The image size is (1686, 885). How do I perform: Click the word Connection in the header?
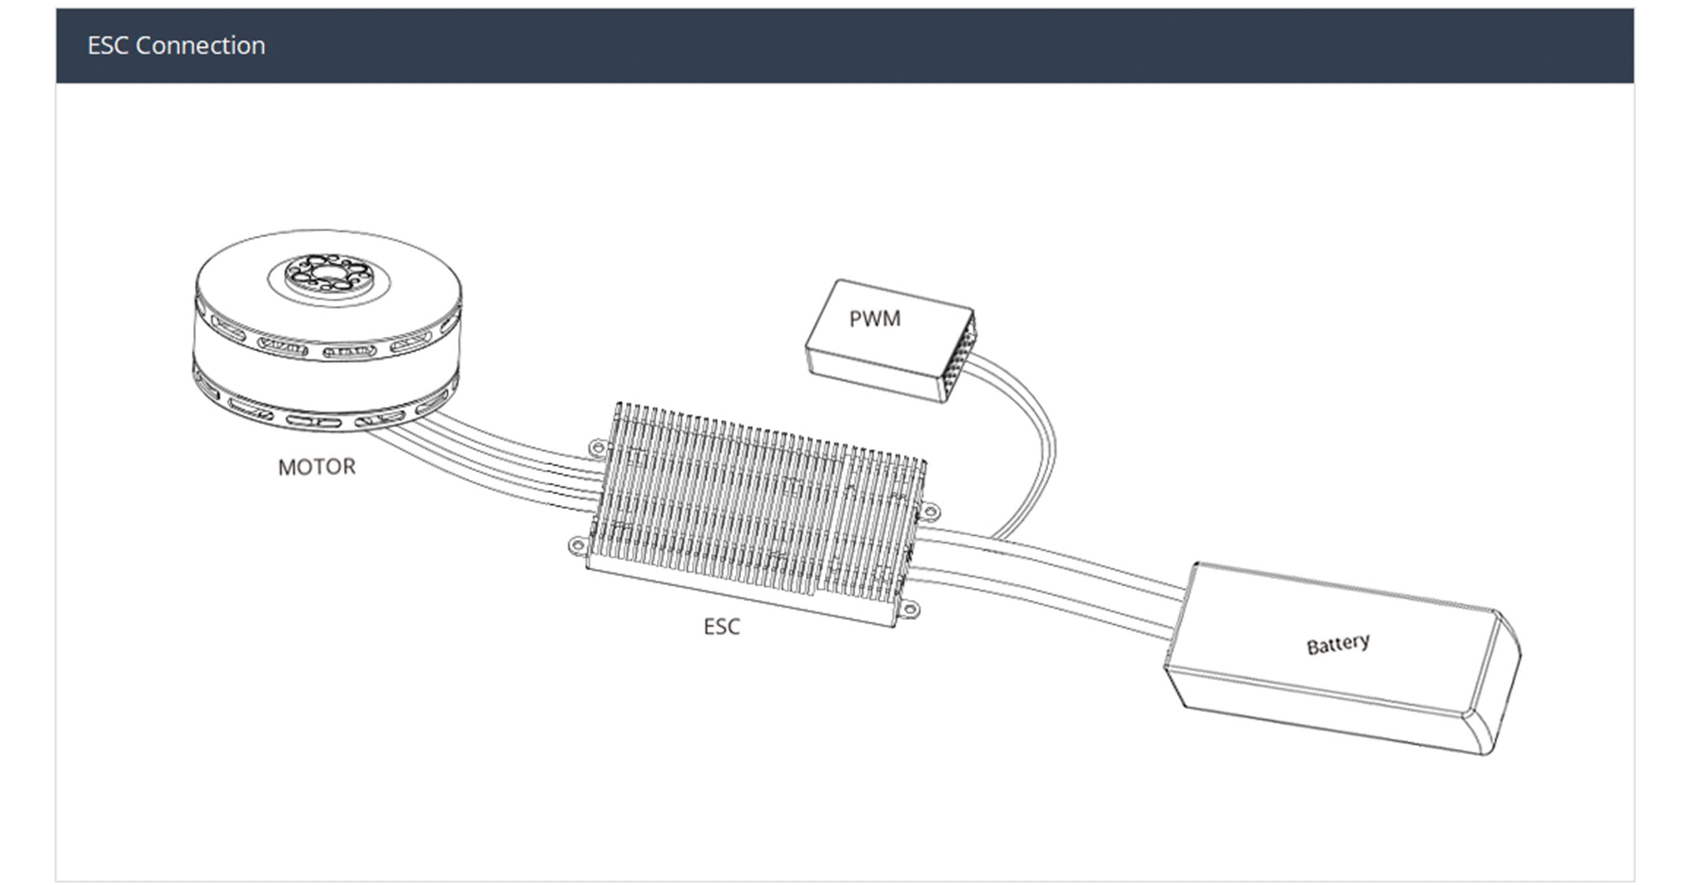coord(200,45)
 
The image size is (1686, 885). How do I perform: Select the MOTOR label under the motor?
coord(316,467)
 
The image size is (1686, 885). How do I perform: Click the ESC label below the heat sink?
coord(722,627)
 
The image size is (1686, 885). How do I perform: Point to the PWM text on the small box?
coord(875,319)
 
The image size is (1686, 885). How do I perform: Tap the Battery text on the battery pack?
coord(1338,644)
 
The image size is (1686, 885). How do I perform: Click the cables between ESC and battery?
coord(1045,580)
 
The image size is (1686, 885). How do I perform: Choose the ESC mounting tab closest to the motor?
coord(598,447)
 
